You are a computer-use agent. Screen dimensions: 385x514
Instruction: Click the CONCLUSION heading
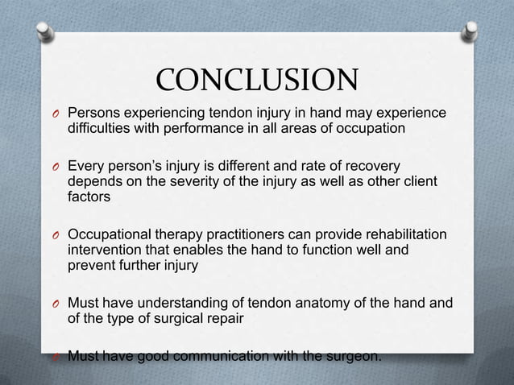point(256,81)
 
